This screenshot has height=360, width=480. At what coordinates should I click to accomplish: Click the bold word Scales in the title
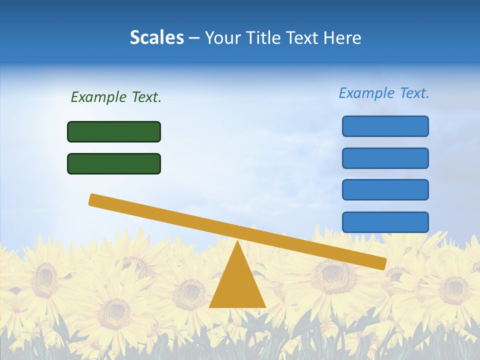[x=156, y=37]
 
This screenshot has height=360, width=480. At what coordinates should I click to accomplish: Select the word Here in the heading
[x=342, y=37]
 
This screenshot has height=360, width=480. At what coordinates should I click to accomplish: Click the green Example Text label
[x=116, y=97]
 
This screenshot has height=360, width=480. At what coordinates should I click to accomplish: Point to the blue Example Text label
[x=384, y=93]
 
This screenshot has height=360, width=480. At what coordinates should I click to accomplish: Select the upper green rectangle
[x=114, y=131]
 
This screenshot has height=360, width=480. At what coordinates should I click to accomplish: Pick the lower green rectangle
[x=114, y=163]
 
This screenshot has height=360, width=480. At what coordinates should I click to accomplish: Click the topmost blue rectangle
[x=385, y=126]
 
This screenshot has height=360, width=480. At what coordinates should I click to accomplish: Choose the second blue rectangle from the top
[x=385, y=158]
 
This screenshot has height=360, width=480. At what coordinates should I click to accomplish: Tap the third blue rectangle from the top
[x=385, y=189]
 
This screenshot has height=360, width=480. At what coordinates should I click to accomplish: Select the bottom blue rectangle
[x=385, y=222]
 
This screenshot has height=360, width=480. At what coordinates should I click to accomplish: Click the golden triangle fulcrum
[x=237, y=285]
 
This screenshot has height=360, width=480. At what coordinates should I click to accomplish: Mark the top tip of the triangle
[x=237, y=242]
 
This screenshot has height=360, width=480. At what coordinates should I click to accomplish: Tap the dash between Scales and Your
[x=194, y=38]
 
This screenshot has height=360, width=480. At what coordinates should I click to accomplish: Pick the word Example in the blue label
[x=366, y=93]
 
